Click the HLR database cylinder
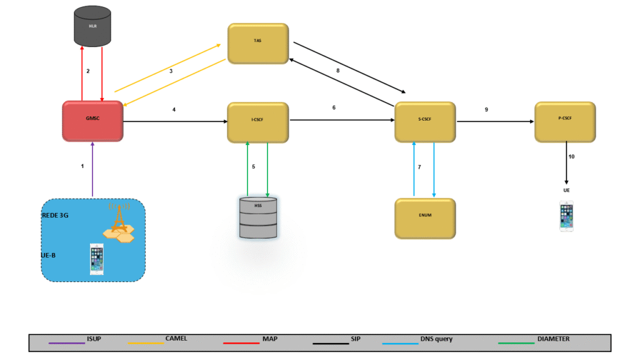[92, 27]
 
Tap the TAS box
[257, 43]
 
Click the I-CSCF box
[257, 121]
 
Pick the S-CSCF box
[424, 122]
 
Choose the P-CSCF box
[565, 121]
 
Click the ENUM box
[424, 218]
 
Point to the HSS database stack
[257, 217]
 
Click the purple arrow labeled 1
[92, 169]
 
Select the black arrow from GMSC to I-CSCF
[175, 121]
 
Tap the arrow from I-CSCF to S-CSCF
[341, 120]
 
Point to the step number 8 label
[338, 71]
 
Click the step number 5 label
[253, 167]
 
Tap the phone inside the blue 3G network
[96, 259]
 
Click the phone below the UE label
[566, 216]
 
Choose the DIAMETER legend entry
[553, 339]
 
